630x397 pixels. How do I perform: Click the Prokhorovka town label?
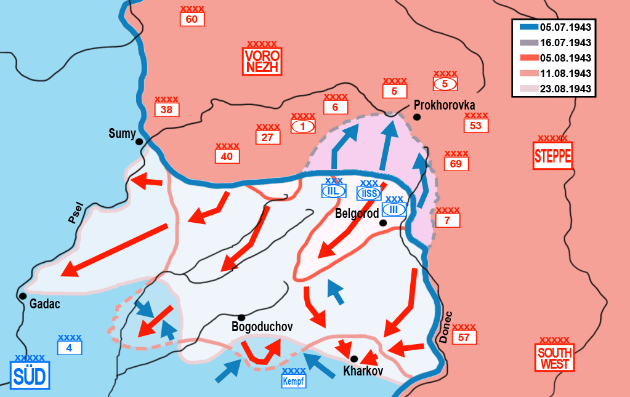444,105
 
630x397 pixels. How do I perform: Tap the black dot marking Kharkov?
354,358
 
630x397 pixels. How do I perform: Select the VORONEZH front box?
262,61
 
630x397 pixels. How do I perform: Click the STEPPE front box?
552,156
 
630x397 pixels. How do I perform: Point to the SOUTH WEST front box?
554,358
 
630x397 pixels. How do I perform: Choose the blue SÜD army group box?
30,375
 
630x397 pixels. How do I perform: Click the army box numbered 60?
192,20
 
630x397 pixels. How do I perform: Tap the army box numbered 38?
166,110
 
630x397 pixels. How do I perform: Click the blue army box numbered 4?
69,348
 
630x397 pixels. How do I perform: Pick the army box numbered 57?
464,337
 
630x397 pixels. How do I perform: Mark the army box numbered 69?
456,164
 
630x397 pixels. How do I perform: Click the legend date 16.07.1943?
565,42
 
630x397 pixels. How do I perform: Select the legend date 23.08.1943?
565,89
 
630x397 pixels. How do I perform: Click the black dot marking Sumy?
140,142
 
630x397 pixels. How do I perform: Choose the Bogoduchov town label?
262,327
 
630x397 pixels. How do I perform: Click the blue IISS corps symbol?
369,193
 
